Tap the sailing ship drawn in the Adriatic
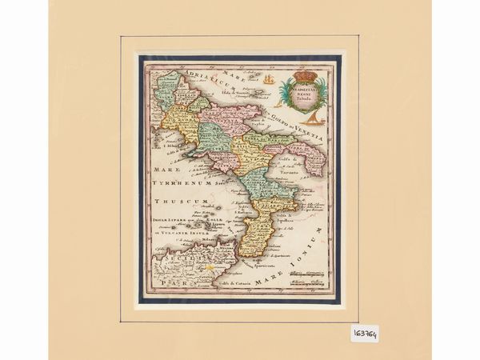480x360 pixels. coord(269,79)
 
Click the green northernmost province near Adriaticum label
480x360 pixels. coord(168,87)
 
